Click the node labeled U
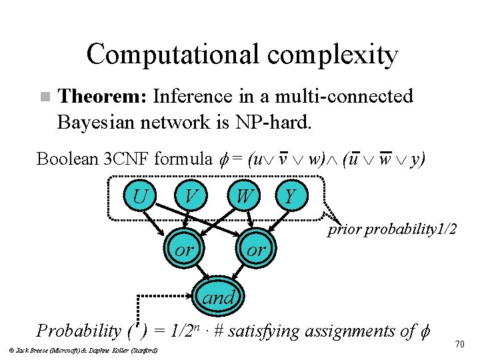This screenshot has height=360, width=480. click(x=139, y=197)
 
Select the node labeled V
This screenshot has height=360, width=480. click(x=191, y=197)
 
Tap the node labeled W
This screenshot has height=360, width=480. click(x=244, y=197)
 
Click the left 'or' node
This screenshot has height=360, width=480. click(x=184, y=250)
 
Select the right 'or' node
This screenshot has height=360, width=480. click(x=256, y=250)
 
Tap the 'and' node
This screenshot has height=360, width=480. click(x=218, y=298)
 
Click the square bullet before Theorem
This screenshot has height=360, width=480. click(x=44, y=97)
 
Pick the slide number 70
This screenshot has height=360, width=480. click(x=459, y=344)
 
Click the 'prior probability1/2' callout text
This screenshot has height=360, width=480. click(x=391, y=230)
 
